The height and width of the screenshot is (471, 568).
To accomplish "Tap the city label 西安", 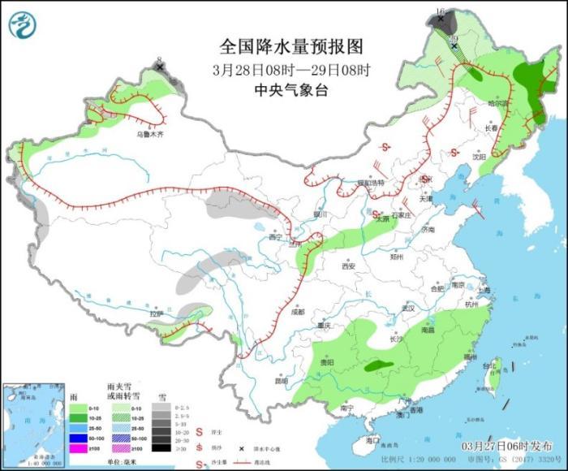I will pos(349,266).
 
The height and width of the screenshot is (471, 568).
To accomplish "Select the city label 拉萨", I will pos(157,313).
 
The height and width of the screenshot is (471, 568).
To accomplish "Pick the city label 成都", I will pos(297,311).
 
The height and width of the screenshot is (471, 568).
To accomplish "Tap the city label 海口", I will pos(372,439).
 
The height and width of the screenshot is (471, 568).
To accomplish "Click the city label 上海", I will pos(484,290).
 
